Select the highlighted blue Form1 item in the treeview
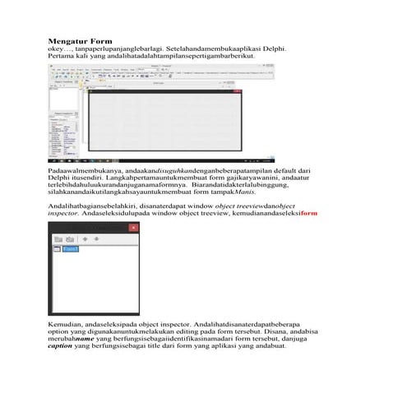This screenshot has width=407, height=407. (71, 248)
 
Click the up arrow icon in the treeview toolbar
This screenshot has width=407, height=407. (86, 239)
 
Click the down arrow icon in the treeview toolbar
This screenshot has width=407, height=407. (97, 239)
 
